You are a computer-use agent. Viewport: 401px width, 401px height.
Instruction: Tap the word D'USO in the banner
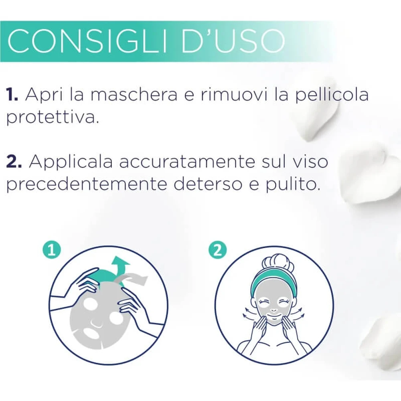pos(233,41)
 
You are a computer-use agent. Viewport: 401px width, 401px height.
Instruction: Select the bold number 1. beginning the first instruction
pos(12,94)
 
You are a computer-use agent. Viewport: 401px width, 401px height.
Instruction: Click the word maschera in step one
pos(134,94)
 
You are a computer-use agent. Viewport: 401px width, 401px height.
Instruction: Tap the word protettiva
pos(53,117)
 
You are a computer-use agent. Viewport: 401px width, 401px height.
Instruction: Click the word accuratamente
pos(187,162)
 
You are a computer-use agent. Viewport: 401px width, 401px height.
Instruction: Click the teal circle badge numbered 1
pos(52,250)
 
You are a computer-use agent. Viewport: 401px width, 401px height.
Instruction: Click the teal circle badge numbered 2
pos(218,250)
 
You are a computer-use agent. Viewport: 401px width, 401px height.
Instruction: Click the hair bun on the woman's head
pos(277,263)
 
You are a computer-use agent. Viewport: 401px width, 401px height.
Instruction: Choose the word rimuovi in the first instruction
pos(234,94)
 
